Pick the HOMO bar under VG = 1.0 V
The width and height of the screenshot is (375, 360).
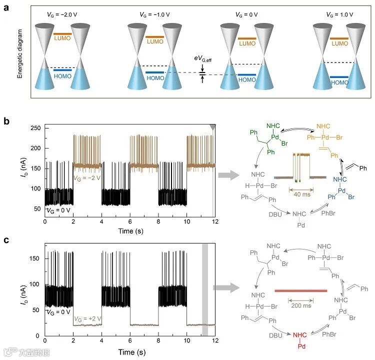click(x=339, y=77)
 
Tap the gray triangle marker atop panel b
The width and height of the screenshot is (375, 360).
click(x=213, y=128)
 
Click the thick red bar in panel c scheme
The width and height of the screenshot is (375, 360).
click(x=300, y=290)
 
